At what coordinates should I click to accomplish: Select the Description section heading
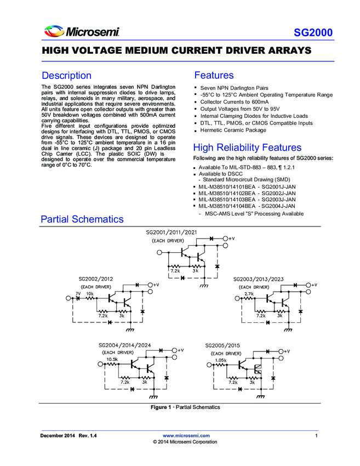(x=66, y=76)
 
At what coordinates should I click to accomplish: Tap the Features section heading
(x=214, y=76)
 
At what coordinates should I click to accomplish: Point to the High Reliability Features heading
(x=247, y=147)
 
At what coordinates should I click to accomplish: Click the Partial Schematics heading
(x=82, y=219)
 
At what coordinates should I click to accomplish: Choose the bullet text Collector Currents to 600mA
(x=234, y=102)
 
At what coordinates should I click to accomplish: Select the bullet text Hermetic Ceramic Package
(x=233, y=130)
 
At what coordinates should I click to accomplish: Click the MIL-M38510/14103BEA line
(x=247, y=200)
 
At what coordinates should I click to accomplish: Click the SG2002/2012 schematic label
(x=98, y=279)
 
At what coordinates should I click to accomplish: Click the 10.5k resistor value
(x=112, y=360)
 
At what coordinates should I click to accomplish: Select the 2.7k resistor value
(x=249, y=294)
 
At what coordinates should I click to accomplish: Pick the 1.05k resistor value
(x=220, y=360)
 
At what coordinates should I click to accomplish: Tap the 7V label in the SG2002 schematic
(x=78, y=294)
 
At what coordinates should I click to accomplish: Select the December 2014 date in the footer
(x=58, y=435)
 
